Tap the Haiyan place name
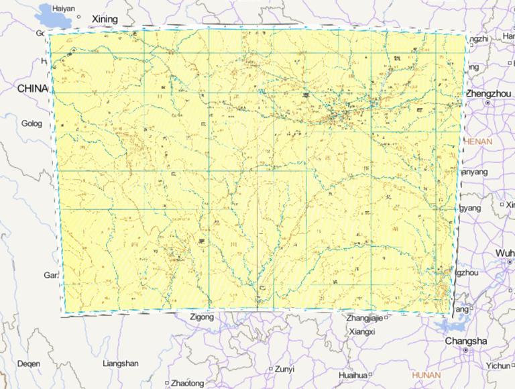click(x=63, y=8)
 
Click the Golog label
click(x=32, y=123)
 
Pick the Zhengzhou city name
click(x=489, y=94)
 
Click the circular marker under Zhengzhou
click(x=488, y=103)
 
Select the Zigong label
click(x=202, y=317)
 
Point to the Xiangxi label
click(x=362, y=331)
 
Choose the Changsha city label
click(x=466, y=341)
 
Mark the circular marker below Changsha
click(x=467, y=351)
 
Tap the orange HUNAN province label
click(x=426, y=375)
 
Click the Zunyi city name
click(x=284, y=369)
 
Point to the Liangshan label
click(x=121, y=364)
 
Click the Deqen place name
click(x=28, y=364)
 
